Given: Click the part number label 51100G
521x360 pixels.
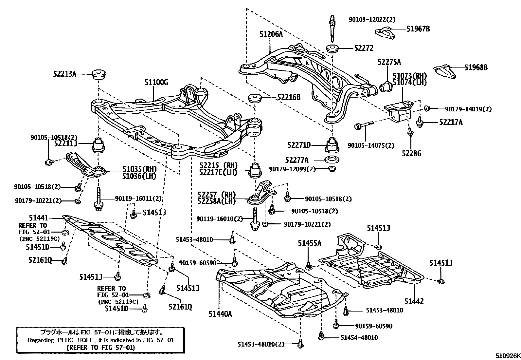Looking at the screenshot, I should pos(156,83).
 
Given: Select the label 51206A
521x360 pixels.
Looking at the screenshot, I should pos(271,34).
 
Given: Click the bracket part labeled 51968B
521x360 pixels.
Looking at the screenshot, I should pos(444,72).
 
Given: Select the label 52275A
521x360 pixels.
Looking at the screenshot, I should pos(389,62).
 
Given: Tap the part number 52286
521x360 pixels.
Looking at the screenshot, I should pos(411,153).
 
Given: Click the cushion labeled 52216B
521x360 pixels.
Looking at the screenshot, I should pos(254,98).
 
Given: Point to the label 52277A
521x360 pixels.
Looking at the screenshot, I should pos(297,160).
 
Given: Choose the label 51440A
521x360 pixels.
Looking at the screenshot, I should pos(220,314).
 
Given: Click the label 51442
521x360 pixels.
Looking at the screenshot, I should pos(414,301).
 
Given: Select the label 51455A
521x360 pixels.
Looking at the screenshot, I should pos(310,243).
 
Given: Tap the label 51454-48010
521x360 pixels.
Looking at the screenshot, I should pos(359,337).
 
